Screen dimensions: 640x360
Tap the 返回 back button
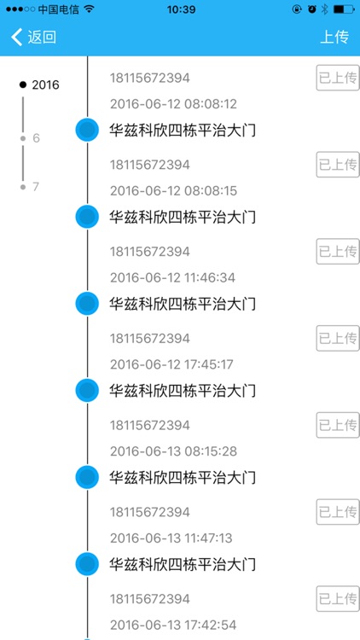tap(34, 37)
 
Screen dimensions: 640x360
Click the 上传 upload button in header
tap(334, 37)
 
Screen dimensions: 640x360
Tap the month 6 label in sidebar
tap(36, 137)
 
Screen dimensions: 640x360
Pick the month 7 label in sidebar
tap(36, 186)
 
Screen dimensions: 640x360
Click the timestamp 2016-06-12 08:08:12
tap(173, 104)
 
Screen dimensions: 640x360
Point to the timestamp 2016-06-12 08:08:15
tap(173, 190)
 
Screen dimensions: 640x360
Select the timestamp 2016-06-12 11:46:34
tap(173, 277)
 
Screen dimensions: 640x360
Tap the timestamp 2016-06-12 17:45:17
tap(173, 364)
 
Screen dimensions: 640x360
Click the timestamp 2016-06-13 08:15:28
tap(173, 451)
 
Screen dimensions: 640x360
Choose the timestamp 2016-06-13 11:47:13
tap(173, 538)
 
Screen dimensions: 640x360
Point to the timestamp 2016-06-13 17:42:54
tap(173, 624)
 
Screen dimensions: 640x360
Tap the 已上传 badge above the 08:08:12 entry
tap(338, 78)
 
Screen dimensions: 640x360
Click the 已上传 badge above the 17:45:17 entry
tap(338, 338)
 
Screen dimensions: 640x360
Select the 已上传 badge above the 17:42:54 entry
tap(338, 598)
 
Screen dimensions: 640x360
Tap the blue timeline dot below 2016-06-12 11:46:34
tap(87, 304)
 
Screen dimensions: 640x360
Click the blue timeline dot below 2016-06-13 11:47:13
tap(87, 564)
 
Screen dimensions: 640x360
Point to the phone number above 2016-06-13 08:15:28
tap(149, 425)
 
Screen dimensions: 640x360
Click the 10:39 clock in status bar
tap(181, 9)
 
